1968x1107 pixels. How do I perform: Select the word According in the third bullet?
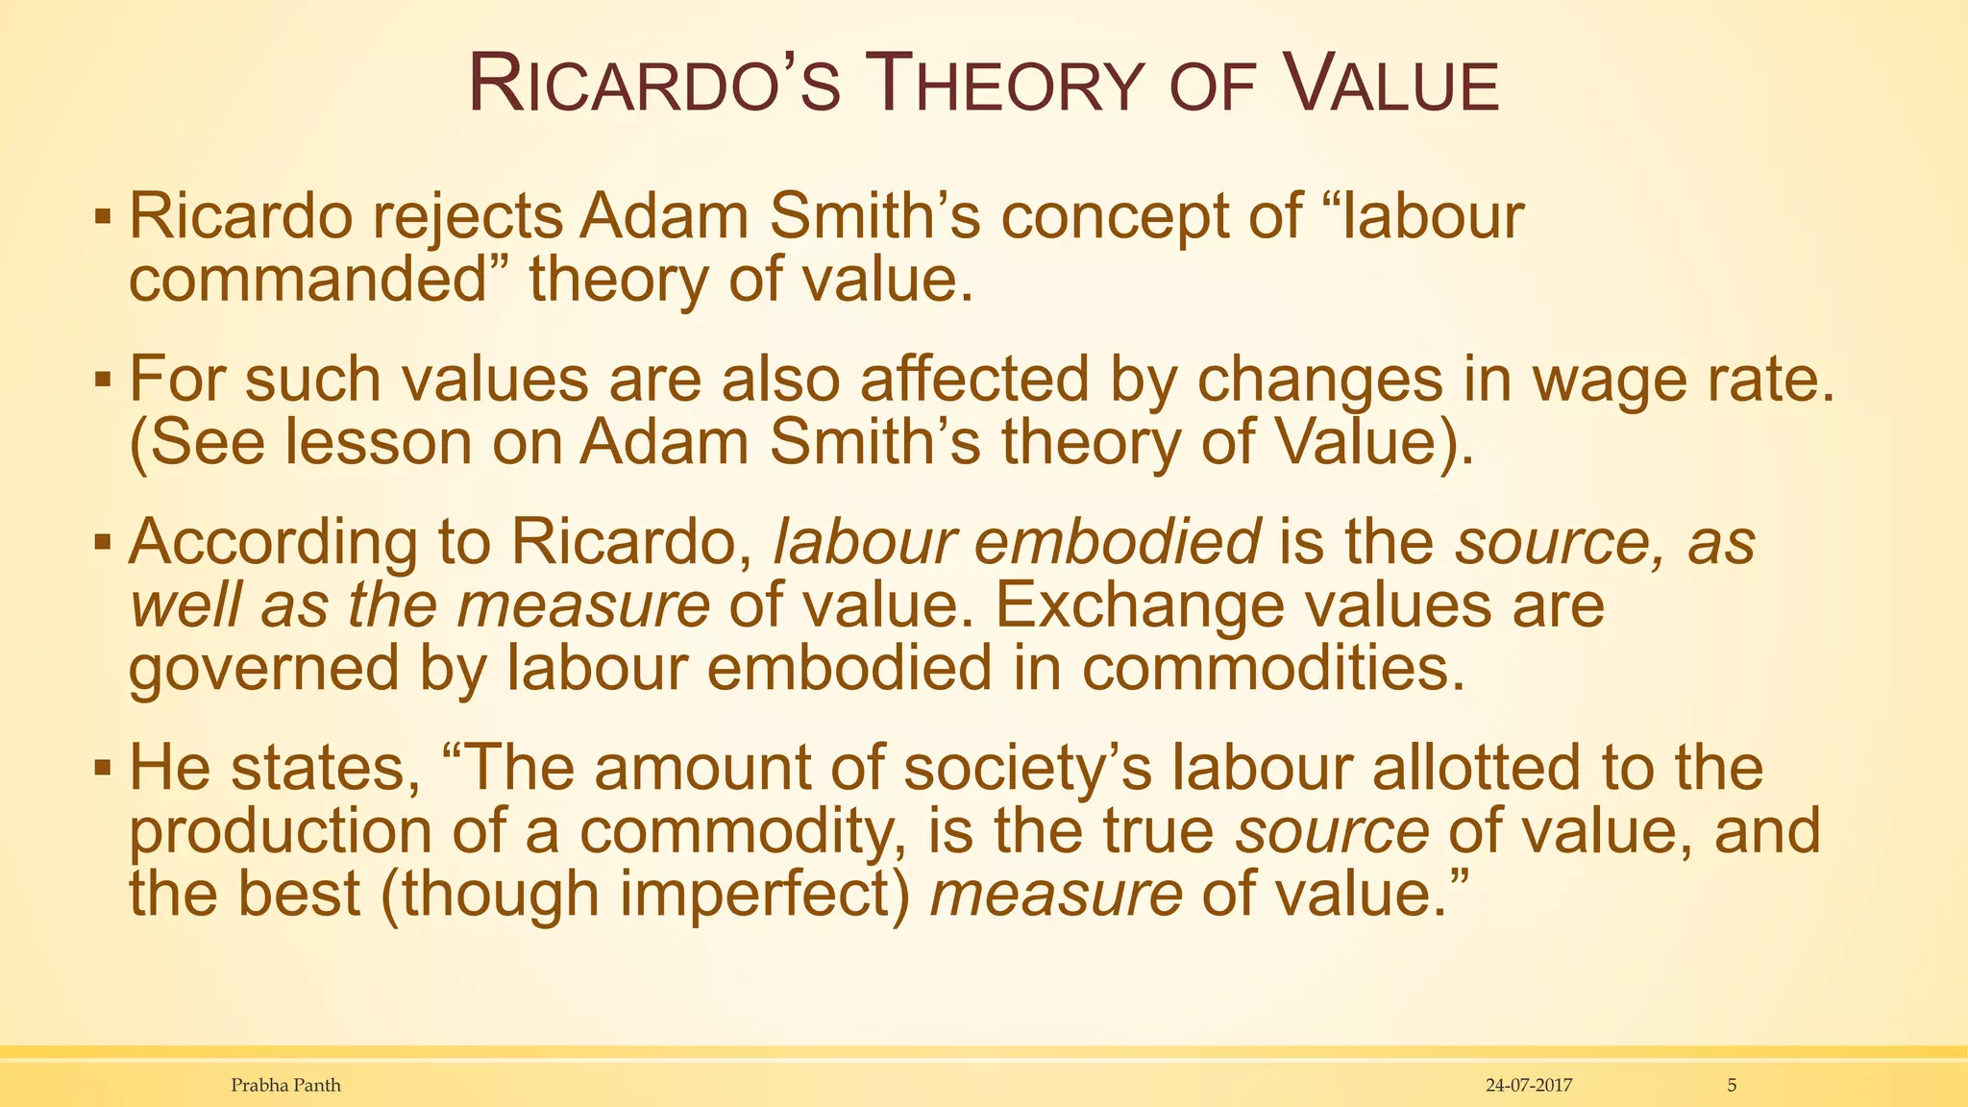click(x=273, y=543)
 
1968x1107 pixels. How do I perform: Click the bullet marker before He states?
click(x=103, y=769)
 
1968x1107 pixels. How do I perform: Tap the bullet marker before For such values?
click(x=103, y=380)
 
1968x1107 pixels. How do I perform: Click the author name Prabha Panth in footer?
click(x=285, y=1086)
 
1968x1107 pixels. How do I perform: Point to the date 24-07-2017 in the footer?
click(x=1528, y=1086)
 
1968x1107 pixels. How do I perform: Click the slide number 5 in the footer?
click(x=1732, y=1086)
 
